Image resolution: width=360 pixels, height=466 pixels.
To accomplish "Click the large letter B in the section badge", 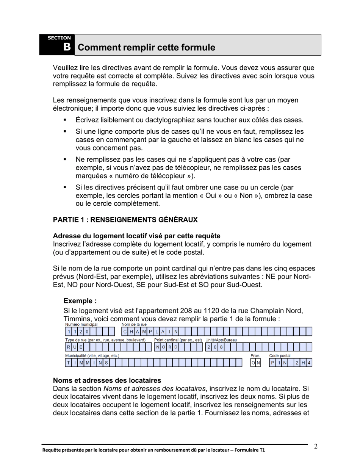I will click(x=67, y=47).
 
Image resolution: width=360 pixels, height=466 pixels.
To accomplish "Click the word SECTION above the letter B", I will click(x=59, y=38).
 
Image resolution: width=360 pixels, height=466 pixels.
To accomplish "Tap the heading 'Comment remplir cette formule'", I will click(x=146, y=47).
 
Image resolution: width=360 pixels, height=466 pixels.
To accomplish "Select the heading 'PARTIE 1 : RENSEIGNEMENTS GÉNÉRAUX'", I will click(x=125, y=220).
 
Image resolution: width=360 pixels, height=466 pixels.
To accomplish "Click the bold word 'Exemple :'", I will click(x=80, y=301).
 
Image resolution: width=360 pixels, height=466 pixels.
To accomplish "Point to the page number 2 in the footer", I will click(x=316, y=446).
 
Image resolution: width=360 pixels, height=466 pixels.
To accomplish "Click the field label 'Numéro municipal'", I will click(x=81, y=325).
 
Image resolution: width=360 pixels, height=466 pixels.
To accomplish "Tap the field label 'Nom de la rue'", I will click(x=134, y=325).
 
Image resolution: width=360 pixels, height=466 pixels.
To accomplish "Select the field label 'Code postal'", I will click(x=280, y=356).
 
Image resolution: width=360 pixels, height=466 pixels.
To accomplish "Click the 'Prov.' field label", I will click(x=255, y=356).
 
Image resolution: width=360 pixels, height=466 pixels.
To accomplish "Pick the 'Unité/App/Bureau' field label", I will click(x=221, y=340).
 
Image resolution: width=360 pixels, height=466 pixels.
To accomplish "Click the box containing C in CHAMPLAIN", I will click(x=125, y=332).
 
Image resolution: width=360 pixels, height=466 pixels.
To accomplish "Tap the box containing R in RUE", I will click(x=68, y=347).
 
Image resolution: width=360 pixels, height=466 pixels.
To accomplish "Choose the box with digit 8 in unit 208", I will click(x=221, y=347).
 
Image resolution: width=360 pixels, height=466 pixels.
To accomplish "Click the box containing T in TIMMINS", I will click(x=68, y=363).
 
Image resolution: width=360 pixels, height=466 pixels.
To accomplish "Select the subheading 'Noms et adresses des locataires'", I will click(x=107, y=380).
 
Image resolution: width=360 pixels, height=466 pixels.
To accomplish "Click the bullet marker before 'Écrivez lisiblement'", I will click(x=65, y=120).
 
